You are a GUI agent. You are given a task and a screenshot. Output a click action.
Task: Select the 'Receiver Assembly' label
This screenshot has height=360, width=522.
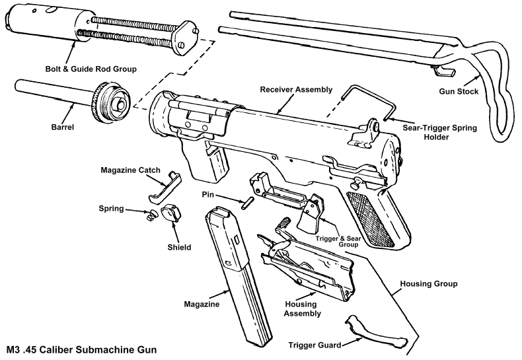point(296,89)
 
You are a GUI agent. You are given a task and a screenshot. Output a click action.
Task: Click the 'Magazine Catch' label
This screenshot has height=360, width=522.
point(131,170)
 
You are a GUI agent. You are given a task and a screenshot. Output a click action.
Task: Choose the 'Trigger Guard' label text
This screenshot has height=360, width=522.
point(315,345)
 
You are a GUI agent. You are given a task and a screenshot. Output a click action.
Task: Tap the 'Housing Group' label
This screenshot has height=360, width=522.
point(429,284)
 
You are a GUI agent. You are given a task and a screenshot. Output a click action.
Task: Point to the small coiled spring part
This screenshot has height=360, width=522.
point(150,213)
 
